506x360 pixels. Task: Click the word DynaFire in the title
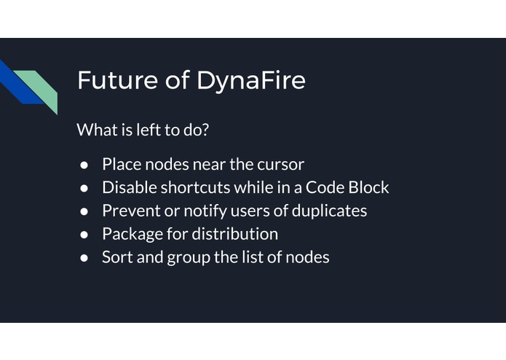click(250, 81)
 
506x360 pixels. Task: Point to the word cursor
click(280, 164)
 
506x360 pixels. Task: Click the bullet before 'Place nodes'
click(84, 165)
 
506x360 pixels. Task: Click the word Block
click(368, 187)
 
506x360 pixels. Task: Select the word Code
click(323, 187)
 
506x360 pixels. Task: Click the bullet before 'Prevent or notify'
click(84, 211)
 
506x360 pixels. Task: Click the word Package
click(132, 235)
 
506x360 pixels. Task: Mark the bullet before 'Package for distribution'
click(84, 235)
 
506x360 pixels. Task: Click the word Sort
click(116, 257)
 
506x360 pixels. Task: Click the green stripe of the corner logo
click(39, 86)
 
